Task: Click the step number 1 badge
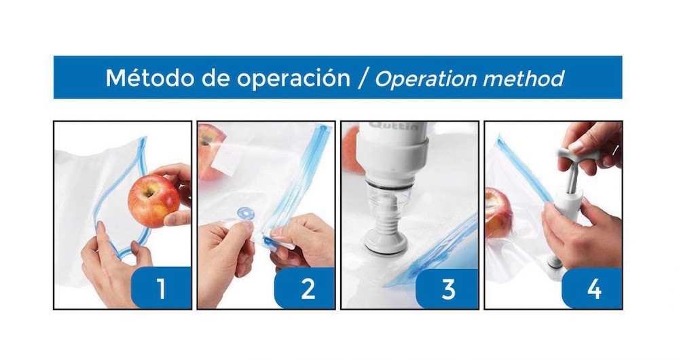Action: tap(161, 287)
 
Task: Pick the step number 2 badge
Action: tap(305, 288)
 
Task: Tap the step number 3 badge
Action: tap(447, 289)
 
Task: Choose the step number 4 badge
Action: tap(592, 288)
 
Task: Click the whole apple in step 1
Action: tap(153, 200)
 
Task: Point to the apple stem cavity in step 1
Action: tap(149, 192)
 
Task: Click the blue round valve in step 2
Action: tap(246, 213)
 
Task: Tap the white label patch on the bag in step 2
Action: tap(226, 159)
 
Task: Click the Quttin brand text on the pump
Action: tap(394, 126)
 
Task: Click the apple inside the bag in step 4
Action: tap(498, 213)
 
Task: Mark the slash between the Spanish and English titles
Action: tap(362, 79)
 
